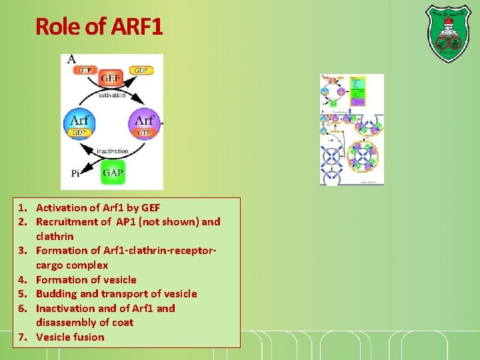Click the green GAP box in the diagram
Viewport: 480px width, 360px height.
click(113, 173)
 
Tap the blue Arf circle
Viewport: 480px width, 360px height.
click(79, 123)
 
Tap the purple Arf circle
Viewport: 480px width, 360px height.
click(145, 123)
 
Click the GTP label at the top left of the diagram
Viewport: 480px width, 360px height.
click(85, 70)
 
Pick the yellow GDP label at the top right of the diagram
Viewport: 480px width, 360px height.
click(140, 70)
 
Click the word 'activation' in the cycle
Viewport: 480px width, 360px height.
click(112, 95)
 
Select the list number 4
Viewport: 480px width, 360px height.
click(23, 279)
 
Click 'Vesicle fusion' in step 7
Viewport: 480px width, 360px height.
click(70, 337)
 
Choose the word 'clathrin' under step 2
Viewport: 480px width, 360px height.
click(55, 236)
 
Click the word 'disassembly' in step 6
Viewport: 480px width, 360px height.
click(66, 322)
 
